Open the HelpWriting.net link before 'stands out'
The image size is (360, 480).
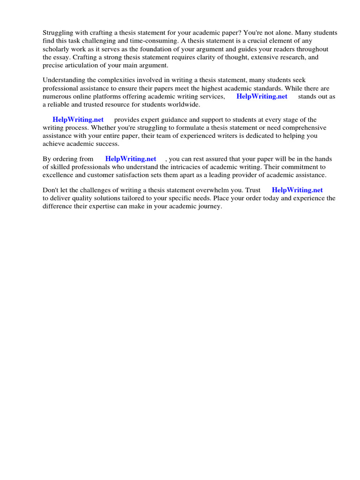click(262, 97)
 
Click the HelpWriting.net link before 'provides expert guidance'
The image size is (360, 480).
click(78, 120)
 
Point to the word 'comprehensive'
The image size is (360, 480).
click(305, 128)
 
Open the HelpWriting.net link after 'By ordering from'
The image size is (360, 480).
click(130, 159)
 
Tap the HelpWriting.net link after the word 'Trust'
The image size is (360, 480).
click(297, 191)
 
